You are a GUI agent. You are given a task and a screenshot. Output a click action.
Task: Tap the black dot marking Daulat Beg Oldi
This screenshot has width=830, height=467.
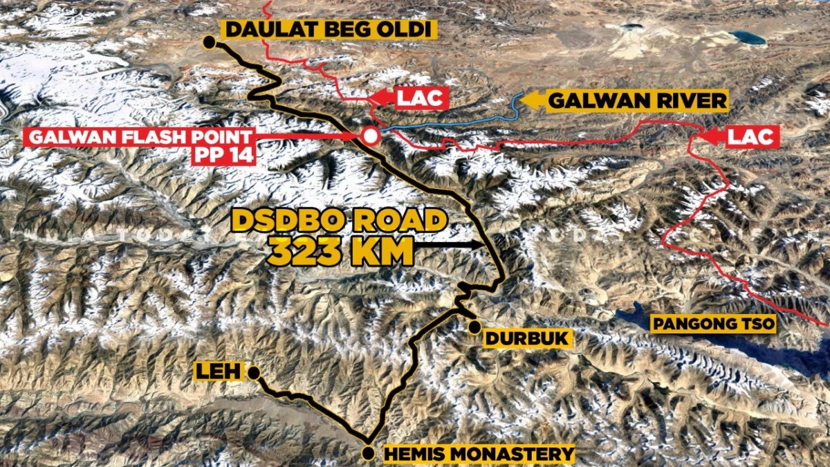pyautogui.click(x=209, y=43)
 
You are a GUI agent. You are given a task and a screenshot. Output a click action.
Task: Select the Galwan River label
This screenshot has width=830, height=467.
pyautogui.click(x=637, y=102)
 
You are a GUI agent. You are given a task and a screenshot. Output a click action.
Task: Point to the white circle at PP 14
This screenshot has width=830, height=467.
pyautogui.click(x=371, y=136)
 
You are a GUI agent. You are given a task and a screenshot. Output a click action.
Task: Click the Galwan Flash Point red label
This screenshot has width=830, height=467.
pyautogui.click(x=138, y=136)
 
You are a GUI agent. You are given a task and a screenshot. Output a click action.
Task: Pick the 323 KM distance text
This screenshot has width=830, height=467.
pyautogui.click(x=340, y=252)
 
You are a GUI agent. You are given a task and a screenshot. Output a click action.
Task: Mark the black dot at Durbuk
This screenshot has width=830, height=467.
pyautogui.click(x=474, y=327)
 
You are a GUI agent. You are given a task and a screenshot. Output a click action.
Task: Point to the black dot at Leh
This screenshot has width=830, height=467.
pyautogui.click(x=254, y=374)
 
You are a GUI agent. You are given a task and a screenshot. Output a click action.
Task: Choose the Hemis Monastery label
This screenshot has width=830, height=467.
pyautogui.click(x=478, y=455)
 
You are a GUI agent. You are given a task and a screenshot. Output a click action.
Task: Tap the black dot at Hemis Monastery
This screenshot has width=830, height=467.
pyautogui.click(x=369, y=454)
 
